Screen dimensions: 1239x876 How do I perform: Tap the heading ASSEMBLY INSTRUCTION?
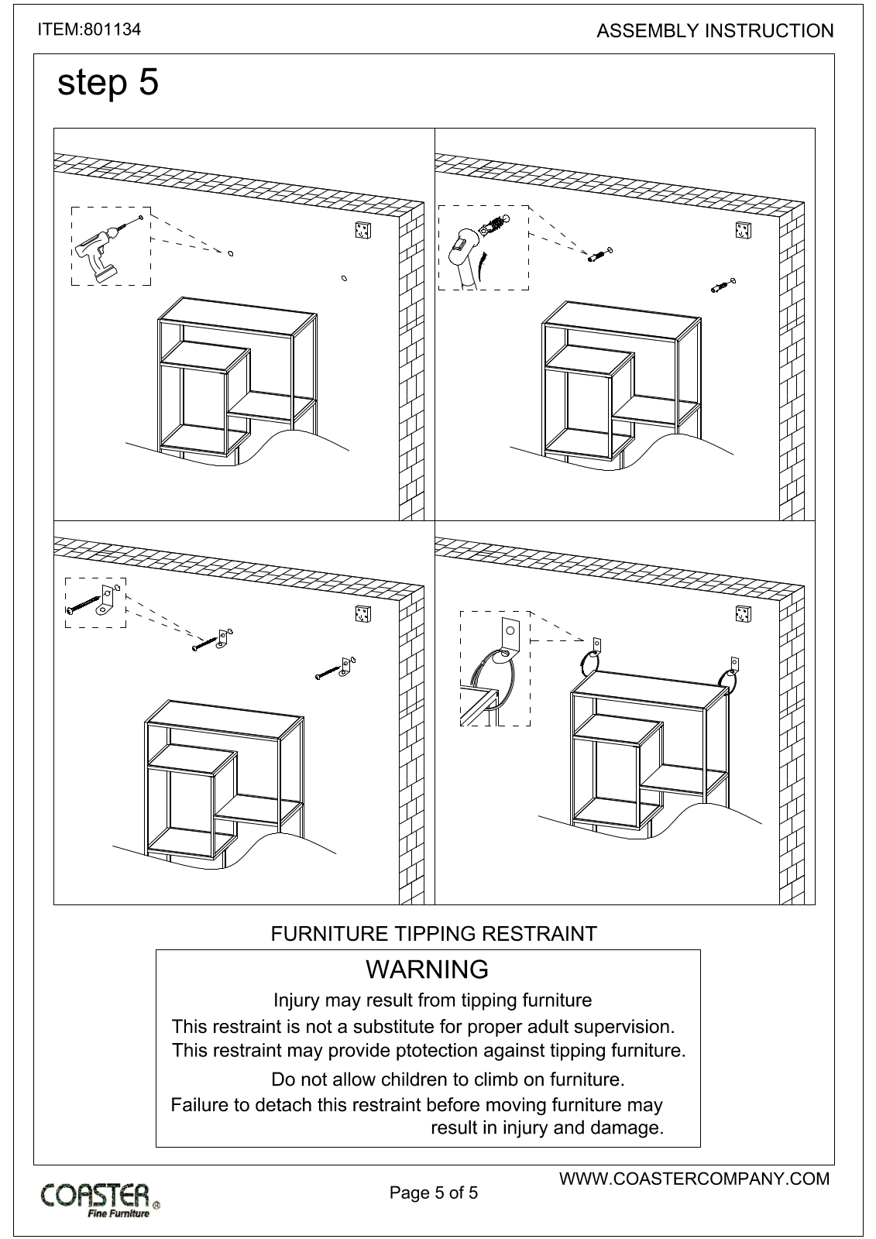click(x=715, y=31)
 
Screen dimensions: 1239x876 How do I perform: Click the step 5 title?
click(x=108, y=82)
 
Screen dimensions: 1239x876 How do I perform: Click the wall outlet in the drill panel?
click(x=361, y=230)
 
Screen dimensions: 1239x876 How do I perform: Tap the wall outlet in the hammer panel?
click(x=744, y=230)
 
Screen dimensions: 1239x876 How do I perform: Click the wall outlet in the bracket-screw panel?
click(x=362, y=613)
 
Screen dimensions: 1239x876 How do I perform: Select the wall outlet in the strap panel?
click(x=744, y=613)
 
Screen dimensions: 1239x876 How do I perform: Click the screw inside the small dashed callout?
click(x=85, y=605)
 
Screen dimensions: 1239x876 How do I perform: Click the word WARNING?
click(x=427, y=970)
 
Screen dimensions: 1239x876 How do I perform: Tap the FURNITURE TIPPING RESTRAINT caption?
click(x=434, y=934)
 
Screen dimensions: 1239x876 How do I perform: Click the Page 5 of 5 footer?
click(x=434, y=1193)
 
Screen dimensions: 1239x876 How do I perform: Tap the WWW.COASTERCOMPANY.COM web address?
click(x=694, y=1179)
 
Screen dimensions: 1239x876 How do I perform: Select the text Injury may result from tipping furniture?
click(x=432, y=1000)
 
